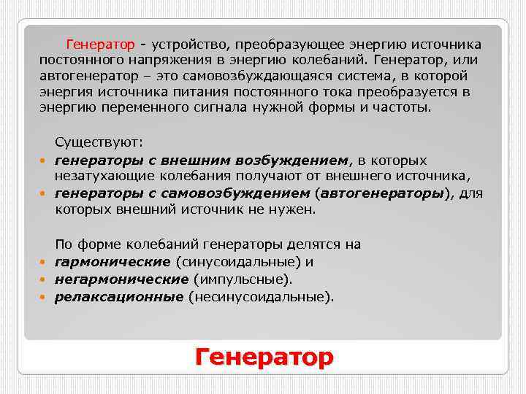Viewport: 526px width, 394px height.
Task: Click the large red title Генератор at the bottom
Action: coord(264,357)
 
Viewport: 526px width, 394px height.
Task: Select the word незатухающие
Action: coord(99,176)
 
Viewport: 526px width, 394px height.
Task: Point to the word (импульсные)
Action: coord(243,279)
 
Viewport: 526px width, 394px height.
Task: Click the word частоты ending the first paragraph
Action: coord(407,107)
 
